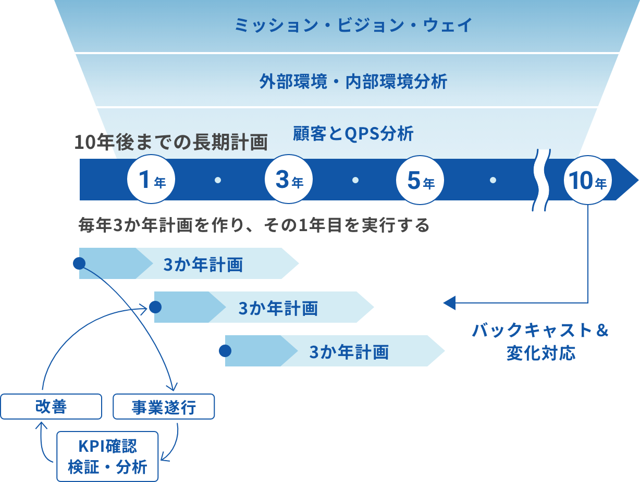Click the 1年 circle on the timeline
[x=151, y=180]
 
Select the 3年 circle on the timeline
[x=289, y=180]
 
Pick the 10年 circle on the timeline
[x=587, y=180]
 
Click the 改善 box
[x=51, y=407]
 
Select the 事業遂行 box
[x=164, y=407]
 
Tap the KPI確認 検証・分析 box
[x=107, y=456]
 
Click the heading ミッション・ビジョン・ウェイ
[x=353, y=25]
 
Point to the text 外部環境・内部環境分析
[x=353, y=81]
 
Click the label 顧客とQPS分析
[x=353, y=134]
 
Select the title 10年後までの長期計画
[x=171, y=142]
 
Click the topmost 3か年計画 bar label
[x=203, y=264]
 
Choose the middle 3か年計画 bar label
[x=278, y=308]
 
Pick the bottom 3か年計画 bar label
[x=349, y=352]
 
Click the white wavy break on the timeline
[x=540, y=180]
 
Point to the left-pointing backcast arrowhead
[x=449, y=302]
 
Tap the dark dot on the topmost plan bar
[x=79, y=263]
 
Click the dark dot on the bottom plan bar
[x=225, y=351]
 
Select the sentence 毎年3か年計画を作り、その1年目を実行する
[x=254, y=225]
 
